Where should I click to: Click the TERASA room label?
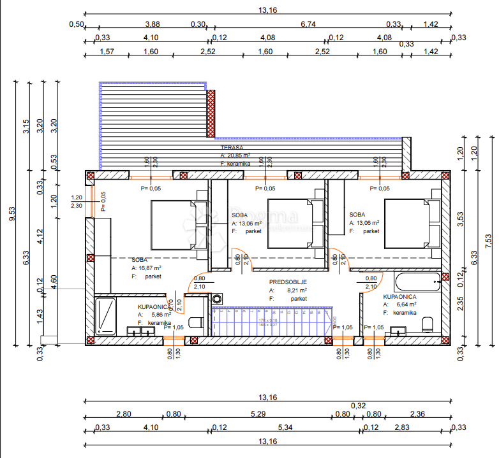231,147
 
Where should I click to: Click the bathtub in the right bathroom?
417,280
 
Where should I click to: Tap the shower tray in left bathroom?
105,316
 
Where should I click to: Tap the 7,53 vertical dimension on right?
489,241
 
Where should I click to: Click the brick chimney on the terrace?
210,112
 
